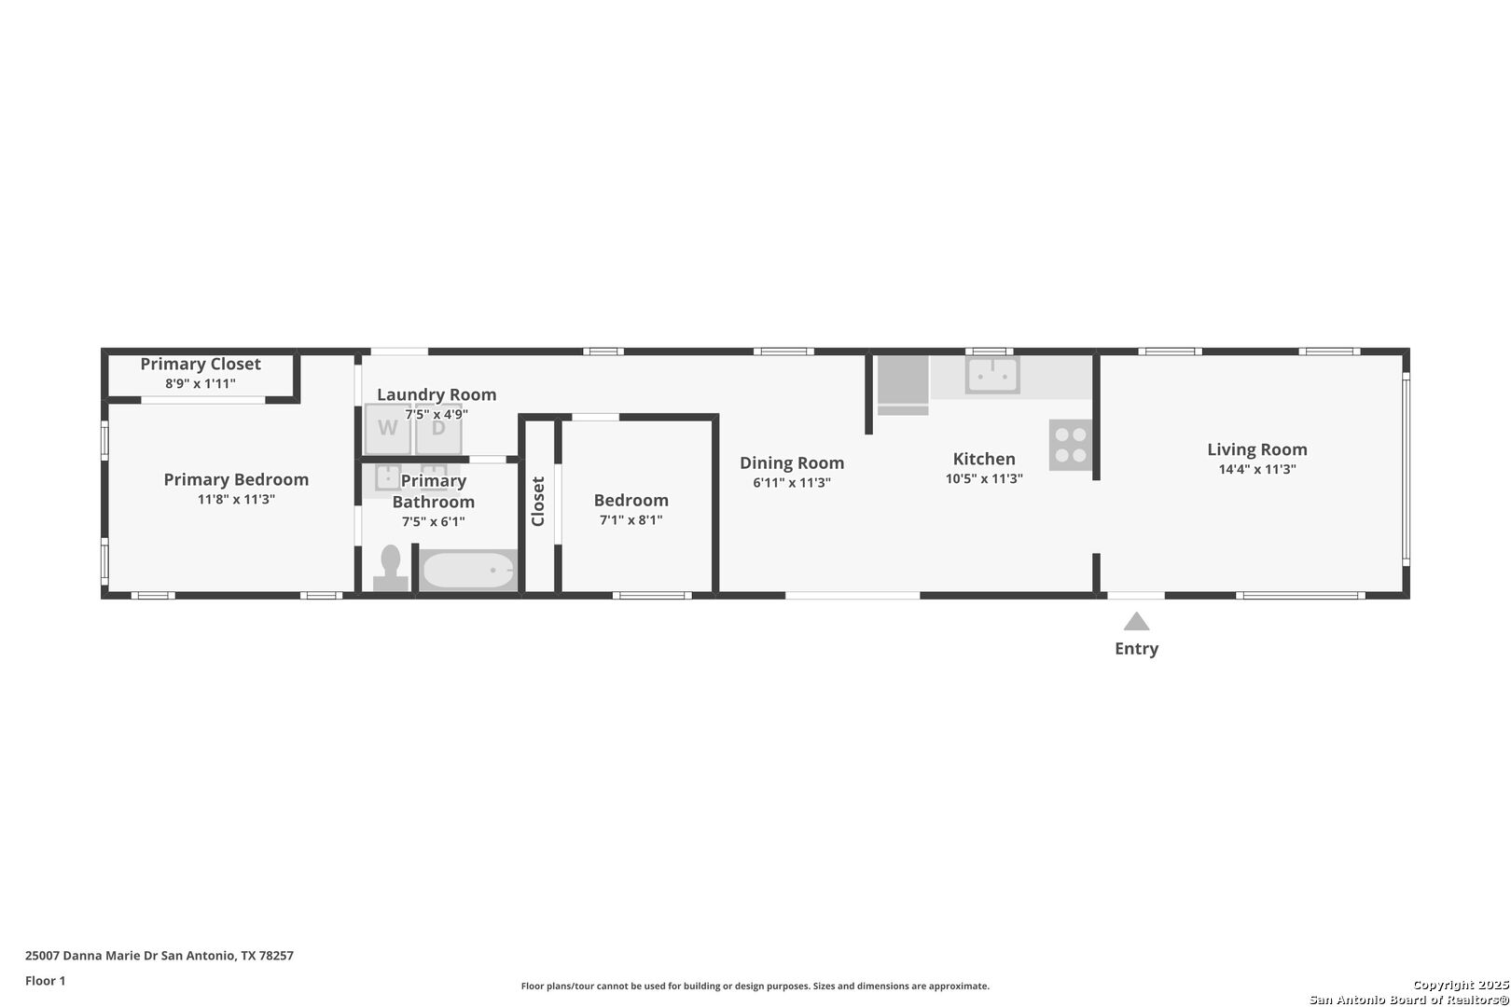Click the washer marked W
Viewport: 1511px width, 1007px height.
tap(388, 429)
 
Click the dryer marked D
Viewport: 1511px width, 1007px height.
tap(438, 429)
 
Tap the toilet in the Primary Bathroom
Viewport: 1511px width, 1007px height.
tap(391, 568)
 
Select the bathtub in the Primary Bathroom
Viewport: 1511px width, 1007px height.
tap(468, 571)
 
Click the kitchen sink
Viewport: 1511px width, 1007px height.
tap(992, 375)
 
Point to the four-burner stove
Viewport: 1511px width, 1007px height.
tap(1071, 445)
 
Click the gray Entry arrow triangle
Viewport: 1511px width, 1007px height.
tap(1137, 621)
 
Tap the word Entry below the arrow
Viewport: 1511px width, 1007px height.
tap(1137, 648)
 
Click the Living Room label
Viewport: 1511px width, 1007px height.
tap(1257, 449)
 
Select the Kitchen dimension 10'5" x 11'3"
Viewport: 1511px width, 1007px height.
tap(984, 478)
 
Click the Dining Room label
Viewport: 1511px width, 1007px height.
tap(792, 462)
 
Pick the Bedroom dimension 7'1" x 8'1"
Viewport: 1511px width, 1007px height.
tap(631, 519)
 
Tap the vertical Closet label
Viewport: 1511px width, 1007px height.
tap(538, 501)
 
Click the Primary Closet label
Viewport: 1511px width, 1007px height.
tap(201, 365)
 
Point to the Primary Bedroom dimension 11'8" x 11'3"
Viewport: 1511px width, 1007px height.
tap(236, 499)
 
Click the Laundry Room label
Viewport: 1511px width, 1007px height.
tap(437, 394)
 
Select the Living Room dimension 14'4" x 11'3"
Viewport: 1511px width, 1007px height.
tap(1257, 469)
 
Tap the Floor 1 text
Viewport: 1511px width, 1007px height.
tap(45, 981)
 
